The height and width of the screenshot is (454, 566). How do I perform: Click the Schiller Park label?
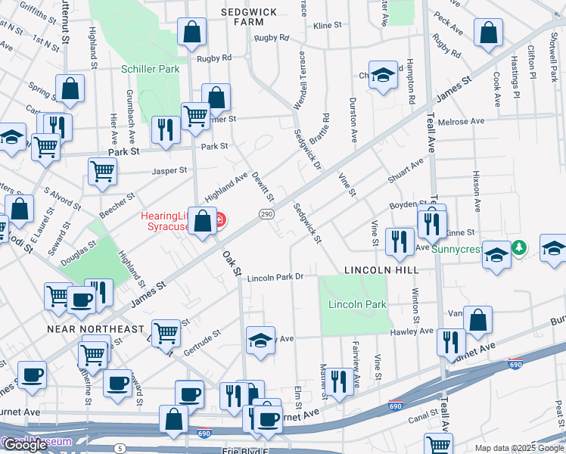(x=151, y=69)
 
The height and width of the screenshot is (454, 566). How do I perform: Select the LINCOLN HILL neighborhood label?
(x=381, y=269)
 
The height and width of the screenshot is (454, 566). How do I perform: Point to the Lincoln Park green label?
(x=357, y=305)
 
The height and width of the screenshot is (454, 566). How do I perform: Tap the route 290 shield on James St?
(x=266, y=215)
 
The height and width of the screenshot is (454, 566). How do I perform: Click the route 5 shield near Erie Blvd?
(x=120, y=449)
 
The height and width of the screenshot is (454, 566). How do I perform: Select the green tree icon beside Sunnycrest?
(x=519, y=247)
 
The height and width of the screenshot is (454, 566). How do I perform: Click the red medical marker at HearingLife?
(x=219, y=220)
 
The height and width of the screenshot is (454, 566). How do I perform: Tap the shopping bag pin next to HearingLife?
(x=202, y=222)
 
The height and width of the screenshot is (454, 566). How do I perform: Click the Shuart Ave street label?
(x=406, y=172)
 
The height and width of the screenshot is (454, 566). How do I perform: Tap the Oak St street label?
(x=231, y=263)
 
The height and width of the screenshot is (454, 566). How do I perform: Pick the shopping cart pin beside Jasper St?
(x=102, y=169)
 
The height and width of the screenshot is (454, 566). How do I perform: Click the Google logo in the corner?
(x=26, y=445)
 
